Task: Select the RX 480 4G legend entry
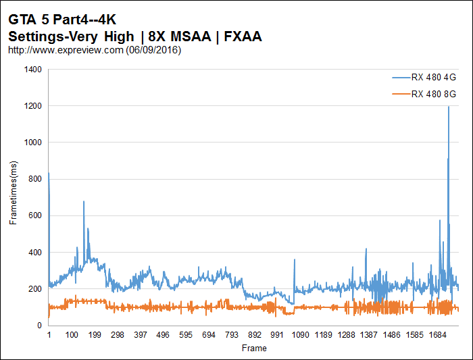(x=433, y=78)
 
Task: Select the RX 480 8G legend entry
(x=433, y=94)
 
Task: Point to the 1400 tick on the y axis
(x=32, y=70)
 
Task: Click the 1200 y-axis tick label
(x=32, y=106)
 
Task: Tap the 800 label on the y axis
(x=34, y=179)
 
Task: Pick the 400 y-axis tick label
(x=34, y=253)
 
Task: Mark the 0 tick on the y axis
(x=39, y=326)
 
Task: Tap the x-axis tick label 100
(x=72, y=335)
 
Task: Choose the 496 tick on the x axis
(x=163, y=335)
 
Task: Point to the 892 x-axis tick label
(x=254, y=335)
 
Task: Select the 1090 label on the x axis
(x=300, y=335)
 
